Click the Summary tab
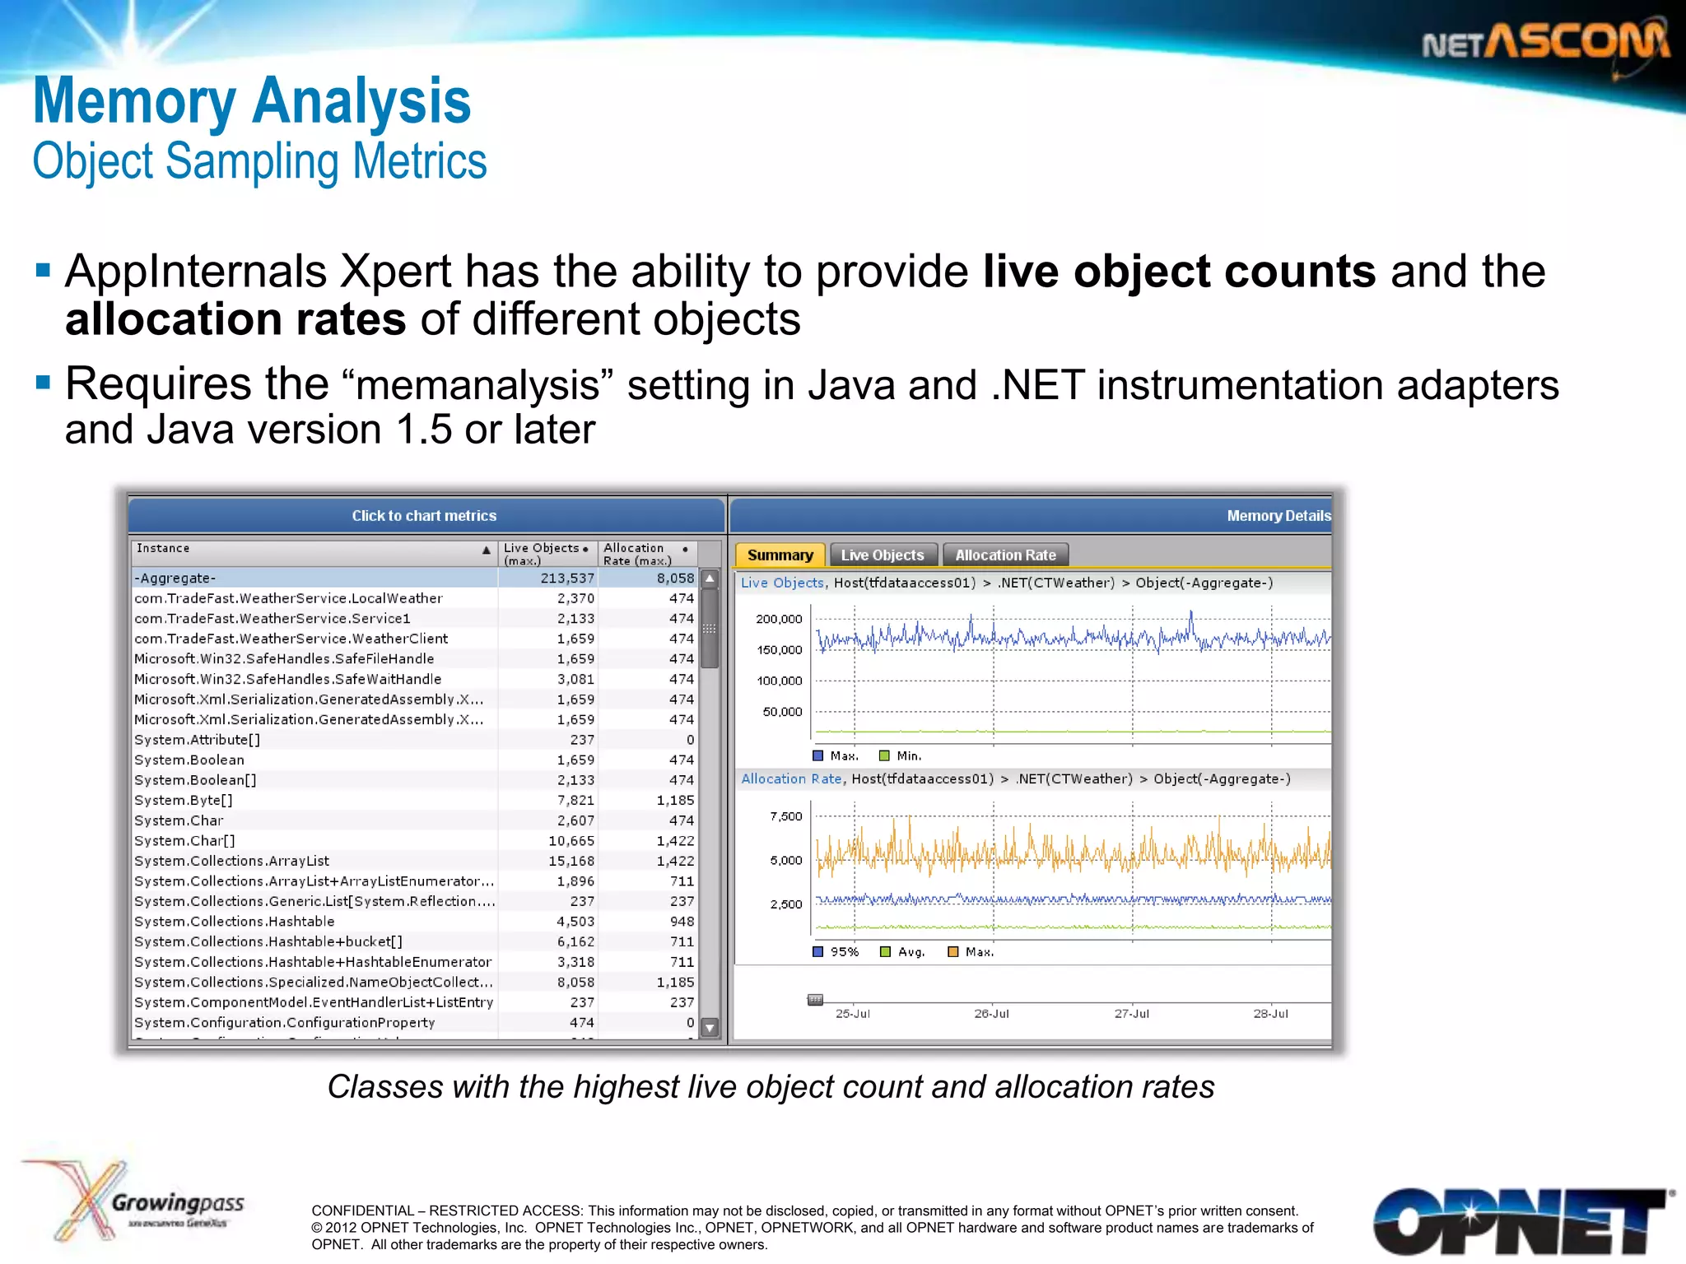point(779,555)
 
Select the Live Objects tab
point(883,555)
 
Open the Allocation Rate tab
point(1005,555)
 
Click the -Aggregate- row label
point(175,579)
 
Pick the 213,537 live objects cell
point(567,579)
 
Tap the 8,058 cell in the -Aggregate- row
point(675,579)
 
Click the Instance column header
point(163,549)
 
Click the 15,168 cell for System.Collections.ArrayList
point(571,861)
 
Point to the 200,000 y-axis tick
point(779,620)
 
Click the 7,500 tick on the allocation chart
point(785,816)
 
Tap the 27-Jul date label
point(1131,1014)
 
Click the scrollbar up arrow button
point(710,579)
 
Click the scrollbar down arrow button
point(710,1028)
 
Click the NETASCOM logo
point(1545,43)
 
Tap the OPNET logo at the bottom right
point(1519,1221)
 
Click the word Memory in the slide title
point(135,101)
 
